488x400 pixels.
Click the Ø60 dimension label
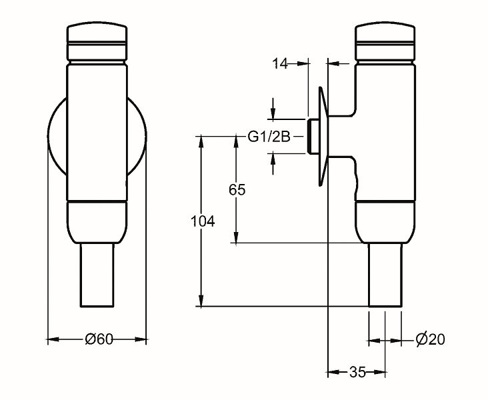coord(99,339)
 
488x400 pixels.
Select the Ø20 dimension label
coord(431,339)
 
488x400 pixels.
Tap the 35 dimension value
coord(357,372)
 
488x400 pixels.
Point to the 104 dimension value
coord(203,221)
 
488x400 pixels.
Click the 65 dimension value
coord(237,189)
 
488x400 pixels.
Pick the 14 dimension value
coord(280,63)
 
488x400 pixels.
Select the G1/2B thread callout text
coord(269,137)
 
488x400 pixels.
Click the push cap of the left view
coord(97,41)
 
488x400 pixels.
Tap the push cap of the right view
coord(385,41)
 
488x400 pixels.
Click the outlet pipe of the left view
coord(97,275)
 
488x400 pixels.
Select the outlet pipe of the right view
coord(385,275)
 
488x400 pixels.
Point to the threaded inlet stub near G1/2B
coord(313,137)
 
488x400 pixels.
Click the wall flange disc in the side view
coord(323,137)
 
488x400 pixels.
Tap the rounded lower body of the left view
coord(97,222)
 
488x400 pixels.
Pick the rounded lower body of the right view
coord(385,222)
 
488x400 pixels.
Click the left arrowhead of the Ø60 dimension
coord(53,339)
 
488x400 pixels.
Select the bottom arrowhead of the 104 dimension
coord(201,301)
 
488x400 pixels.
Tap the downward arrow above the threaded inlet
coord(273,109)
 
